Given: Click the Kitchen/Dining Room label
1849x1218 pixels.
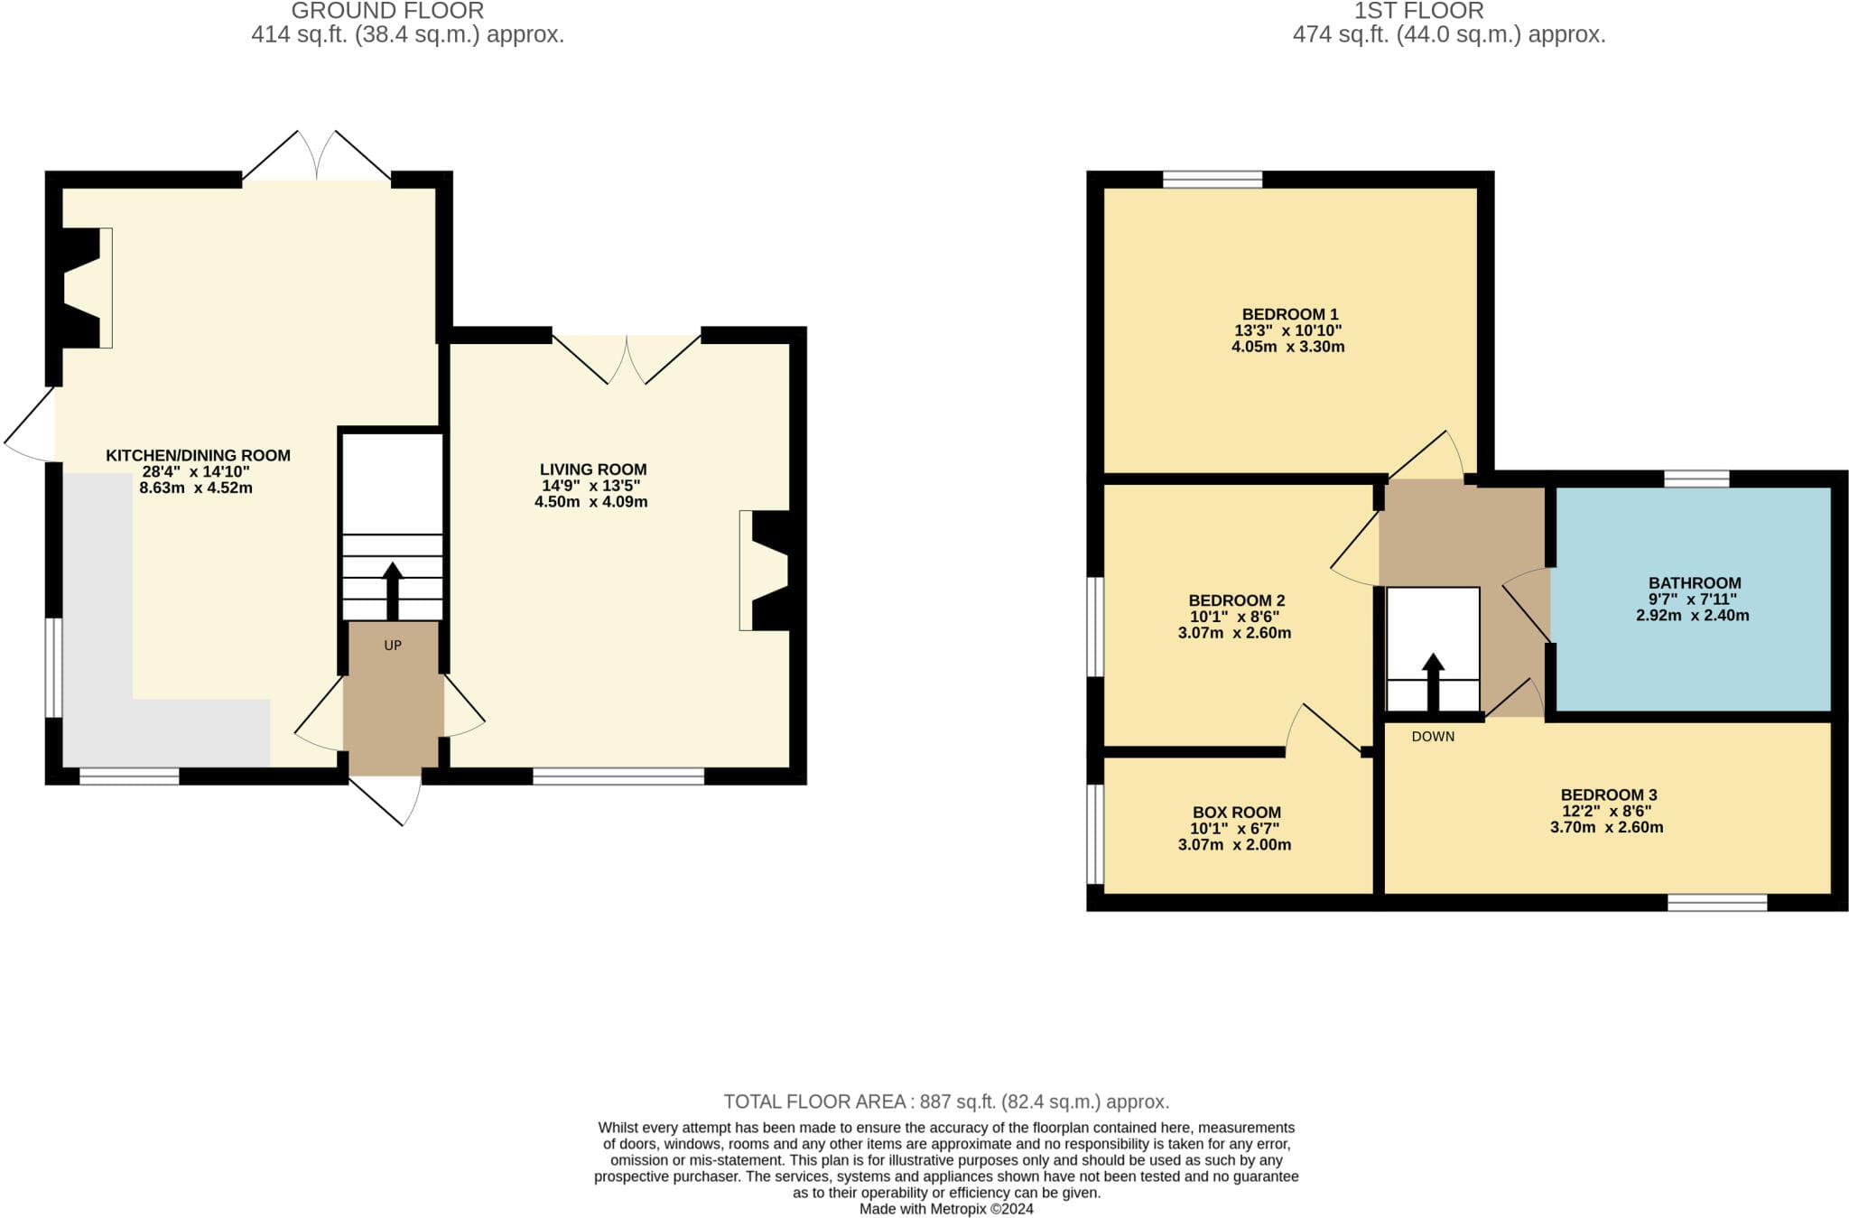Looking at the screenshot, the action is (x=198, y=455).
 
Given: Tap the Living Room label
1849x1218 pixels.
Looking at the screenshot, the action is (x=593, y=470).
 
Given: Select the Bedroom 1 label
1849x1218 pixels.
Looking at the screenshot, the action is (x=1290, y=314).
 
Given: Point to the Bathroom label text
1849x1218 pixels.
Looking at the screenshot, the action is (x=1695, y=583).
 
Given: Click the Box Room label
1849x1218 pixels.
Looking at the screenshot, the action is (x=1237, y=813).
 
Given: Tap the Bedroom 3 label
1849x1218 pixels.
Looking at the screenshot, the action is (x=1609, y=795).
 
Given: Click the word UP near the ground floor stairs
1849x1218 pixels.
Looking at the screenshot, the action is (x=393, y=646).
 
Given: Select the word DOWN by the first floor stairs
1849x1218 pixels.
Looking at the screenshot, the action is (x=1433, y=737).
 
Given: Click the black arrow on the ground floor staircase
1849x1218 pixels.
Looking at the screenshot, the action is (x=393, y=591).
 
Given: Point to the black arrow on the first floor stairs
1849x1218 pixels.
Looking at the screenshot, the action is (x=1433, y=683).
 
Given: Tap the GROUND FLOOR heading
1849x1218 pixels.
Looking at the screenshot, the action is (x=387, y=11).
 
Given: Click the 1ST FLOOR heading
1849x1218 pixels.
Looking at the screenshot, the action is (x=1418, y=11).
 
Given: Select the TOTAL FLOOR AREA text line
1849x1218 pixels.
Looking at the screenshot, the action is (x=946, y=1102).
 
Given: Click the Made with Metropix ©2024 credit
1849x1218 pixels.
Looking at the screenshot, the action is (x=946, y=1209).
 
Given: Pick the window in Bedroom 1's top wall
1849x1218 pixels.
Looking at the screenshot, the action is (x=1213, y=179).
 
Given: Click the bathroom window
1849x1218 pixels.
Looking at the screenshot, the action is (x=1697, y=479).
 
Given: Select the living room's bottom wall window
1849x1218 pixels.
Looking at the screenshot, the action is (x=618, y=776).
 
